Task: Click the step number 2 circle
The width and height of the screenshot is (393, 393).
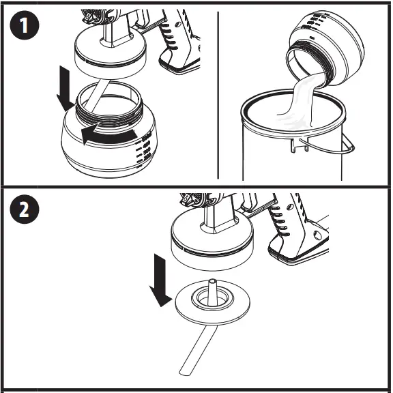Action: coord(24,209)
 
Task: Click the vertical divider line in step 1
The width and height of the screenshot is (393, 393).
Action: coord(218,96)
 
